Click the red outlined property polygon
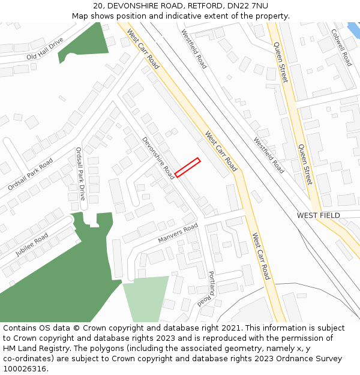[x=187, y=167]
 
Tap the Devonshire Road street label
[x=158, y=158]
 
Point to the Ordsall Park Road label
[x=30, y=174]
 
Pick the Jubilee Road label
[x=32, y=245]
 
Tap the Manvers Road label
[x=178, y=233]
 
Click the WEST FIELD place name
[x=318, y=215]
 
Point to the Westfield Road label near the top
[x=194, y=50]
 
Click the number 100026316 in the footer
[x=25, y=369]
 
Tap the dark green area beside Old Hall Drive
[x=84, y=43]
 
